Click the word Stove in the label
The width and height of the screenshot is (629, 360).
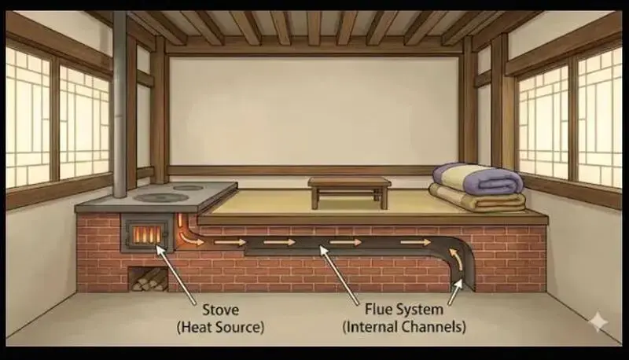coord(220,310)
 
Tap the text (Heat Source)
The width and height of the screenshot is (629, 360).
coord(220,327)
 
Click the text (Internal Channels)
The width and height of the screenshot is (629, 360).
coord(404,327)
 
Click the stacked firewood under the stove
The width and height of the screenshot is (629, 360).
coord(149,279)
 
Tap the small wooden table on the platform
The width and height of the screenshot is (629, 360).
coord(349,192)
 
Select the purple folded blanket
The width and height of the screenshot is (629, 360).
coord(477,178)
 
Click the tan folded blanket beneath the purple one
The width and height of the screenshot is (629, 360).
coord(477,199)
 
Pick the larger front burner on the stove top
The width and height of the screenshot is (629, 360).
coord(161,197)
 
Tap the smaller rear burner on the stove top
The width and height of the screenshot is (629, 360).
coord(188,187)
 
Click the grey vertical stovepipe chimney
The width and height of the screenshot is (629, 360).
coord(120,105)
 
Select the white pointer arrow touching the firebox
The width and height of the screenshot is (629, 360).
coord(175,274)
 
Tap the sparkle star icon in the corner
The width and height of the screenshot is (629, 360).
coord(598,321)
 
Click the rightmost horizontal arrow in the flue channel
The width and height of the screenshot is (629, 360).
coord(416,242)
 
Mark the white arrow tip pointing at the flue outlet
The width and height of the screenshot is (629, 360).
coord(458,283)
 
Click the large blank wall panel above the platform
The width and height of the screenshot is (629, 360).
coord(314,111)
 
